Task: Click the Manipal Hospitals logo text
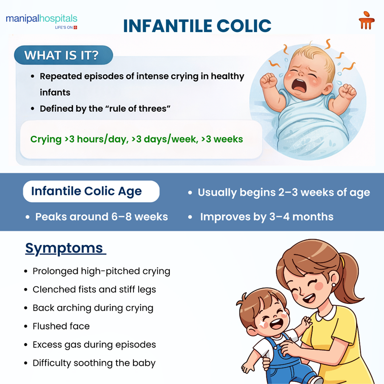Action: click(41, 20)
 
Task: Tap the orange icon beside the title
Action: click(366, 21)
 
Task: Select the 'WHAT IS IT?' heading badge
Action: click(61, 55)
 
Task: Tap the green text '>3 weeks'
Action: click(222, 139)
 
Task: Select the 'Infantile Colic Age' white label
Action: click(86, 191)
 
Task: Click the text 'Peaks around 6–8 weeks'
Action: click(101, 216)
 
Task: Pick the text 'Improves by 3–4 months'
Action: click(266, 216)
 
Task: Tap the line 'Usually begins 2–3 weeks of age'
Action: click(284, 192)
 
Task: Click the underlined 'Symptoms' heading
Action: click(64, 248)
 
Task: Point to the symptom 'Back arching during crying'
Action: click(93, 308)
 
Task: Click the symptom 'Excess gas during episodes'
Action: click(94, 345)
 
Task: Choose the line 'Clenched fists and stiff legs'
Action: click(94, 289)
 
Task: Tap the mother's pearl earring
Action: click(332, 285)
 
